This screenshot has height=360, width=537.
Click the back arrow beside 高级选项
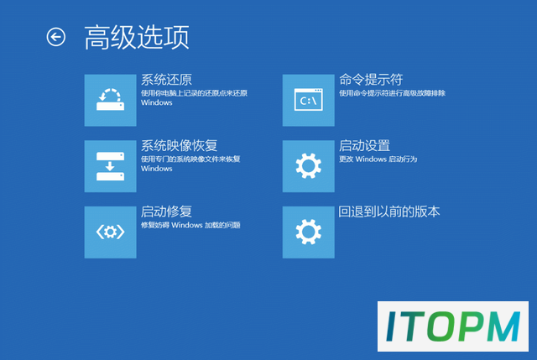click(x=56, y=37)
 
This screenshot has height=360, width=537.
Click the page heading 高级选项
click(x=137, y=37)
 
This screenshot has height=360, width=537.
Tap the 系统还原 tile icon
click(x=110, y=100)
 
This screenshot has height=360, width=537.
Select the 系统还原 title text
click(x=166, y=80)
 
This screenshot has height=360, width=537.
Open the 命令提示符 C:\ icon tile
click(x=308, y=100)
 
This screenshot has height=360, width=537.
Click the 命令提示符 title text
click(x=371, y=80)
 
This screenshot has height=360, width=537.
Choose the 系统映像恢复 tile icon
click(x=110, y=166)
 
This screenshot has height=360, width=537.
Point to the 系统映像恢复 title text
click(x=179, y=146)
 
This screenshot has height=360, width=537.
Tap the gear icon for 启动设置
click(x=308, y=166)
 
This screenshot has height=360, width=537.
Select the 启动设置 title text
click(x=364, y=146)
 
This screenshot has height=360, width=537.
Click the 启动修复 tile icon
click(x=110, y=232)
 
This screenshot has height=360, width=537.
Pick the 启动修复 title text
click(x=166, y=211)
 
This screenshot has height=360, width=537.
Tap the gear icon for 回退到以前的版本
click(x=308, y=232)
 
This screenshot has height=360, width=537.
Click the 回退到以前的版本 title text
click(x=389, y=211)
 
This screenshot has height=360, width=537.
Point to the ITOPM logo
click(x=453, y=326)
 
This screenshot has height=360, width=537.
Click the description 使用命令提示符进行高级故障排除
click(x=392, y=93)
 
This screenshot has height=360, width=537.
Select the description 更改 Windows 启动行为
click(x=378, y=159)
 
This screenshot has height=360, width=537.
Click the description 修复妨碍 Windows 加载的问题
click(x=190, y=225)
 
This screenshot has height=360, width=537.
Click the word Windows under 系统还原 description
click(x=157, y=102)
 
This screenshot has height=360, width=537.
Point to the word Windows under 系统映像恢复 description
click(x=157, y=169)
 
